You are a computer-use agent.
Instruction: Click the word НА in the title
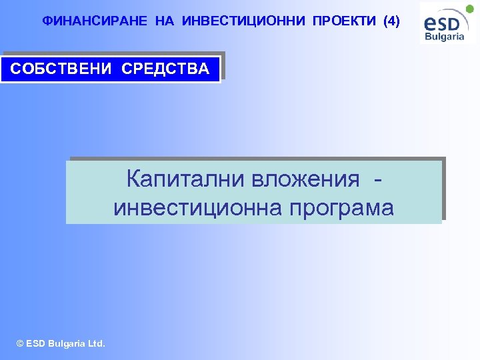pos(164,21)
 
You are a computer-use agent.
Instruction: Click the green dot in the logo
pos(469,9)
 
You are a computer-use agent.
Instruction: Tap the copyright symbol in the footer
pos(20,344)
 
